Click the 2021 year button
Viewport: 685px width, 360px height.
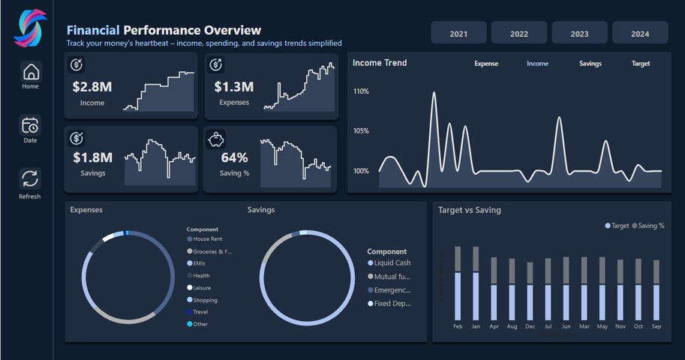(x=458, y=34)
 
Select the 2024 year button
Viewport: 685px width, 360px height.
(x=640, y=34)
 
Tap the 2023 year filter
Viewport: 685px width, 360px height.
(x=579, y=34)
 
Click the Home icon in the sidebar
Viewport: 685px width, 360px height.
(x=31, y=72)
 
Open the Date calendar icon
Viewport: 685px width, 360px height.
(x=30, y=125)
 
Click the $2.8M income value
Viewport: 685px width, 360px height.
(x=92, y=86)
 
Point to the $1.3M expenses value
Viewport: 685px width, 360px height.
(x=234, y=86)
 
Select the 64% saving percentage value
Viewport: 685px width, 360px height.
(x=234, y=157)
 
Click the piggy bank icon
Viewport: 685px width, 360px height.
(x=217, y=138)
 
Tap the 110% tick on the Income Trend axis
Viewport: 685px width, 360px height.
(x=361, y=91)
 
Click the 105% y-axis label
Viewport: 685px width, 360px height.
(x=361, y=131)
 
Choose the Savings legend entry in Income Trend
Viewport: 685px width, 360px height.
(x=590, y=64)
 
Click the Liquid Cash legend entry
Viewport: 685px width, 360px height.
(x=392, y=263)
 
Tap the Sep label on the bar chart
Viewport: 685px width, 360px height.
(x=656, y=327)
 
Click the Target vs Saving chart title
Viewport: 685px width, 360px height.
(x=469, y=210)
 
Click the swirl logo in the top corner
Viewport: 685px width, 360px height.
(x=30, y=27)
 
